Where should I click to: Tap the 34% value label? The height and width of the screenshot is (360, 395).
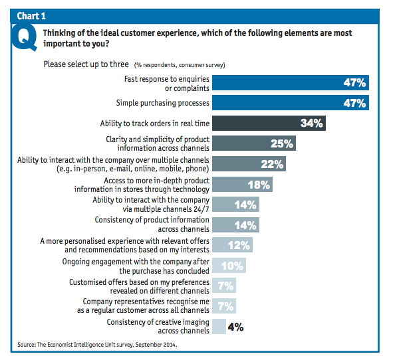pos(311,124)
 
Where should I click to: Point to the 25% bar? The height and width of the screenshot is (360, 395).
pos(253,143)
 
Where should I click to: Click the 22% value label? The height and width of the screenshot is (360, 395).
pos(273,164)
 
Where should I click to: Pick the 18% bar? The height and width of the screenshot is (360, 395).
pos(239,185)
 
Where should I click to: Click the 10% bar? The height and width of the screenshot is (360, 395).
pos(229,266)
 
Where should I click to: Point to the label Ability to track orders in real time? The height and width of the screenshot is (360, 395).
pos(154,124)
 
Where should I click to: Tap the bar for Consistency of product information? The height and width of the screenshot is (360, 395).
pos(235,225)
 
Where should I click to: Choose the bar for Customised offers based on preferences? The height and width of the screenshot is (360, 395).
pos(224,286)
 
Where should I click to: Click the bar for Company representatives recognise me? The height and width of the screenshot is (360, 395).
pos(224,306)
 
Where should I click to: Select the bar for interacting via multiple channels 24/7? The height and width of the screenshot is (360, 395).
pos(235,205)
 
